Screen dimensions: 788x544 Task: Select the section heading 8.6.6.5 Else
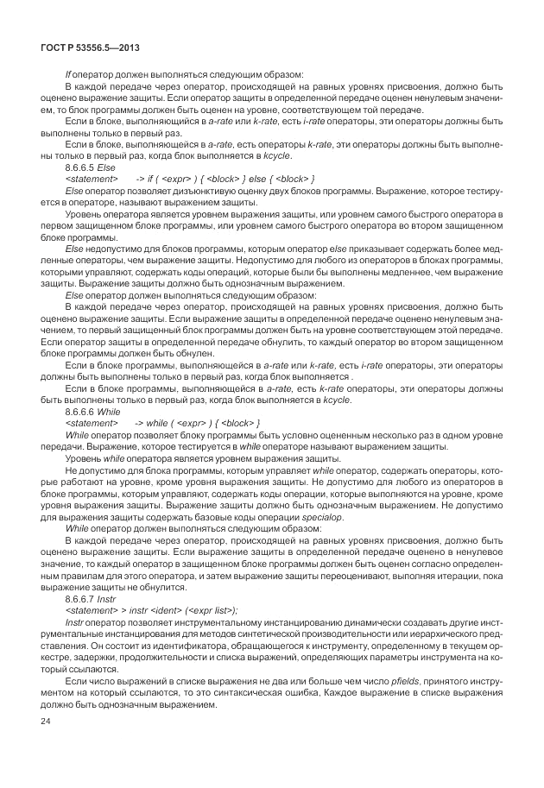pyautogui.click(x=90, y=167)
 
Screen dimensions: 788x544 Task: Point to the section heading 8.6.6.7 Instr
pyautogui.click(x=90, y=597)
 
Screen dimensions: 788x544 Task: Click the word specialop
pyautogui.click(x=320, y=515)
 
